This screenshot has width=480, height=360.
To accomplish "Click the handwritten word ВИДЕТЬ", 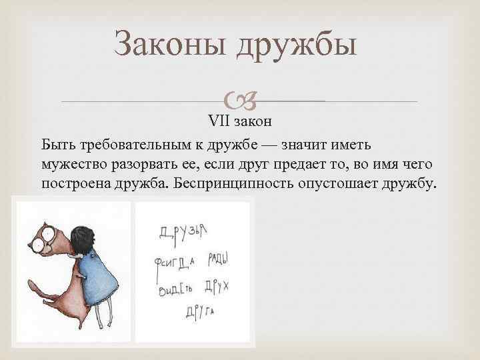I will (x=177, y=290).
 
